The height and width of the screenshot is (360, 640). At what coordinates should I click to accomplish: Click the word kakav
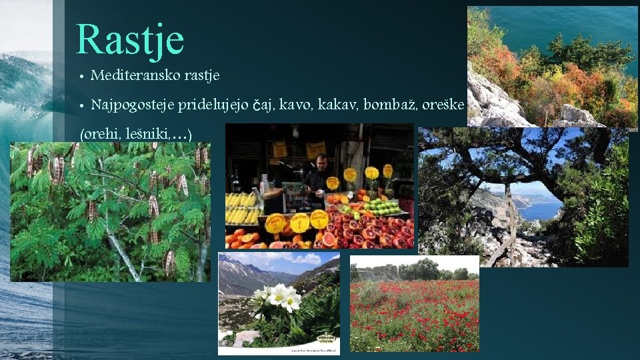pos(339,105)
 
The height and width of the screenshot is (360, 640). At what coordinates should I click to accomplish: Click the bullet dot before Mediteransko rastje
pos(81,76)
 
